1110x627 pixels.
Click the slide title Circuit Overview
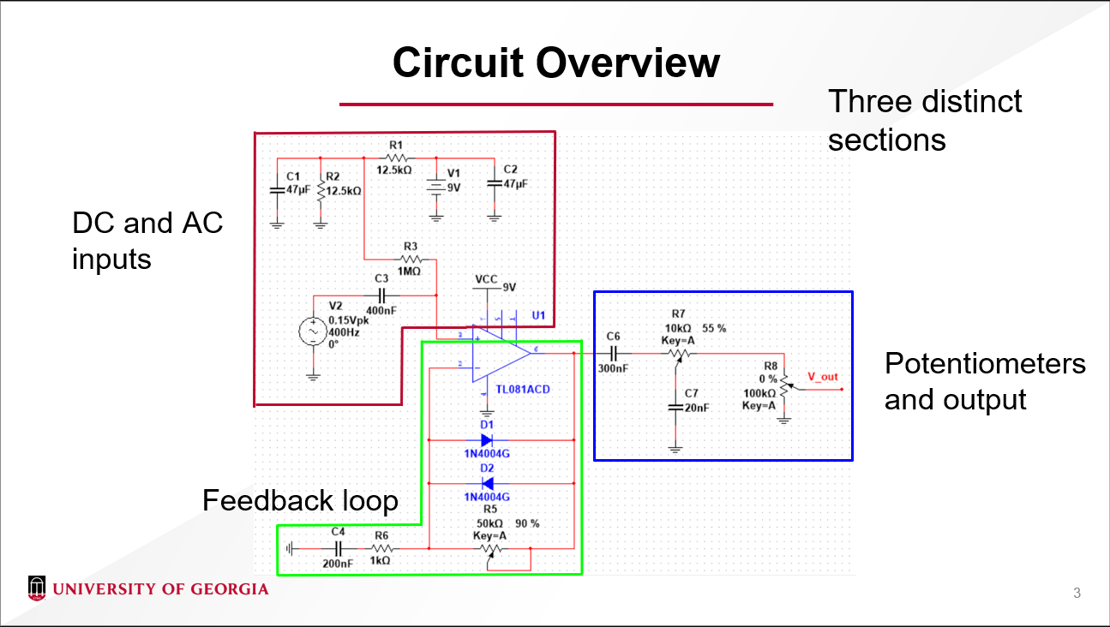point(555,63)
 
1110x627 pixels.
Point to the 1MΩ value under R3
point(409,272)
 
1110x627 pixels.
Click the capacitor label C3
point(381,278)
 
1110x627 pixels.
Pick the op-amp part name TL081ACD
point(522,390)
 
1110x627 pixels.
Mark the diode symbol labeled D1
point(487,440)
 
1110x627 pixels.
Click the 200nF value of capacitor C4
point(338,564)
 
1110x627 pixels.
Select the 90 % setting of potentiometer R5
point(527,523)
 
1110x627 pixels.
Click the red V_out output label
point(823,377)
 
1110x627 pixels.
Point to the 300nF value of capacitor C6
point(614,369)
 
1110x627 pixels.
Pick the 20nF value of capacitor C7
point(697,409)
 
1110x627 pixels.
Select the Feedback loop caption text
point(300,500)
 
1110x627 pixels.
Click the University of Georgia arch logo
point(36,588)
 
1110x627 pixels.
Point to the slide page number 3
point(1077,593)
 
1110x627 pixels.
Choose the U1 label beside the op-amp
point(538,315)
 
